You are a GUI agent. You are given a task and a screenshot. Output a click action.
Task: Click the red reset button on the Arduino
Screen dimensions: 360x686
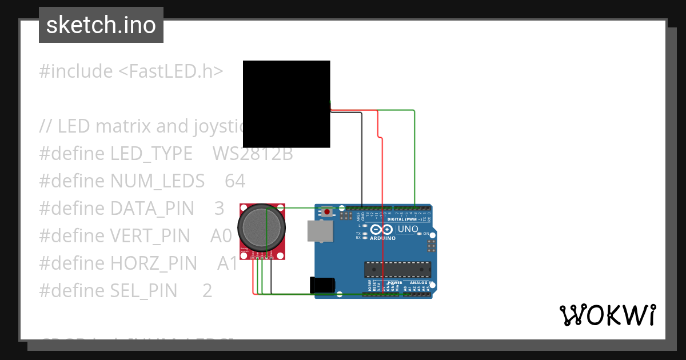tap(326, 212)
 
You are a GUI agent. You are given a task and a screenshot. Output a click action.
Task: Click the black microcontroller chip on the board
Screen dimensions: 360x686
tap(398, 269)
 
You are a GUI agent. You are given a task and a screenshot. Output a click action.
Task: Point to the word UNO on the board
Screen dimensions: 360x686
tap(408, 229)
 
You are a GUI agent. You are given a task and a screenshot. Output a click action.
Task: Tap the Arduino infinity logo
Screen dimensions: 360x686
tap(381, 229)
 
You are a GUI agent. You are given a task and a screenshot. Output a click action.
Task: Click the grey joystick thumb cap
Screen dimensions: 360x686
tap(261, 227)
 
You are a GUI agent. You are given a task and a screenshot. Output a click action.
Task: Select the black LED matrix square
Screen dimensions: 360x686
tap(286, 104)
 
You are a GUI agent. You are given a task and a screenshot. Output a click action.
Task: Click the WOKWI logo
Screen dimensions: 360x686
tap(607, 315)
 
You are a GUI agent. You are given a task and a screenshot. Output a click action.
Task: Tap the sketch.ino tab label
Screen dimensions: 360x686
tap(101, 25)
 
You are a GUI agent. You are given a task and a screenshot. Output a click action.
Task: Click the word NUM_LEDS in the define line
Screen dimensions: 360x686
tap(157, 181)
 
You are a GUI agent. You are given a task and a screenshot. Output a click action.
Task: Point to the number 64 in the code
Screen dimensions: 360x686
tap(235, 181)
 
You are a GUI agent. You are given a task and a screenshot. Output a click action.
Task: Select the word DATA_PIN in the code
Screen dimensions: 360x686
tap(151, 209)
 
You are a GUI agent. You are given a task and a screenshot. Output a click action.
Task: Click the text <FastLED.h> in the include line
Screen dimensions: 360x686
tap(170, 71)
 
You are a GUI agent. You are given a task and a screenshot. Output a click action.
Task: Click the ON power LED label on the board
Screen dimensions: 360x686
tap(426, 234)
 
